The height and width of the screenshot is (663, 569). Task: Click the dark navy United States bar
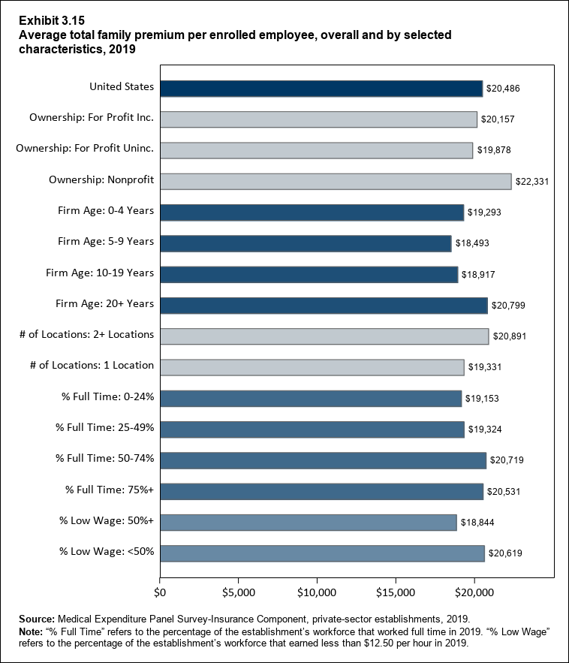tap(321, 88)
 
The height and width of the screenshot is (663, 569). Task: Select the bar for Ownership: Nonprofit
tap(335, 181)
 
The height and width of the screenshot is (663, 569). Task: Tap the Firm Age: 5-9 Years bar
tap(305, 243)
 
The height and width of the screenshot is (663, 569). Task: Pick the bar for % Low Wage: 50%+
tap(308, 522)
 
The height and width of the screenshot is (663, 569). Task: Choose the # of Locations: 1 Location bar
tap(312, 367)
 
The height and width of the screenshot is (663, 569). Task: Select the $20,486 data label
tap(502, 89)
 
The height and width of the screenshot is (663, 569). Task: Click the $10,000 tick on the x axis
tap(317, 593)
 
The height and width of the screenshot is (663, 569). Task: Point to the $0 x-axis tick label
tap(159, 593)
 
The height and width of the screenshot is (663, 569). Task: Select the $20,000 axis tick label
tap(474, 593)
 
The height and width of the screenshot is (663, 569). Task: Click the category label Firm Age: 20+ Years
tap(105, 303)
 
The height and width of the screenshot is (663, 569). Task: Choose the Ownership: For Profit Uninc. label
tap(85, 149)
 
